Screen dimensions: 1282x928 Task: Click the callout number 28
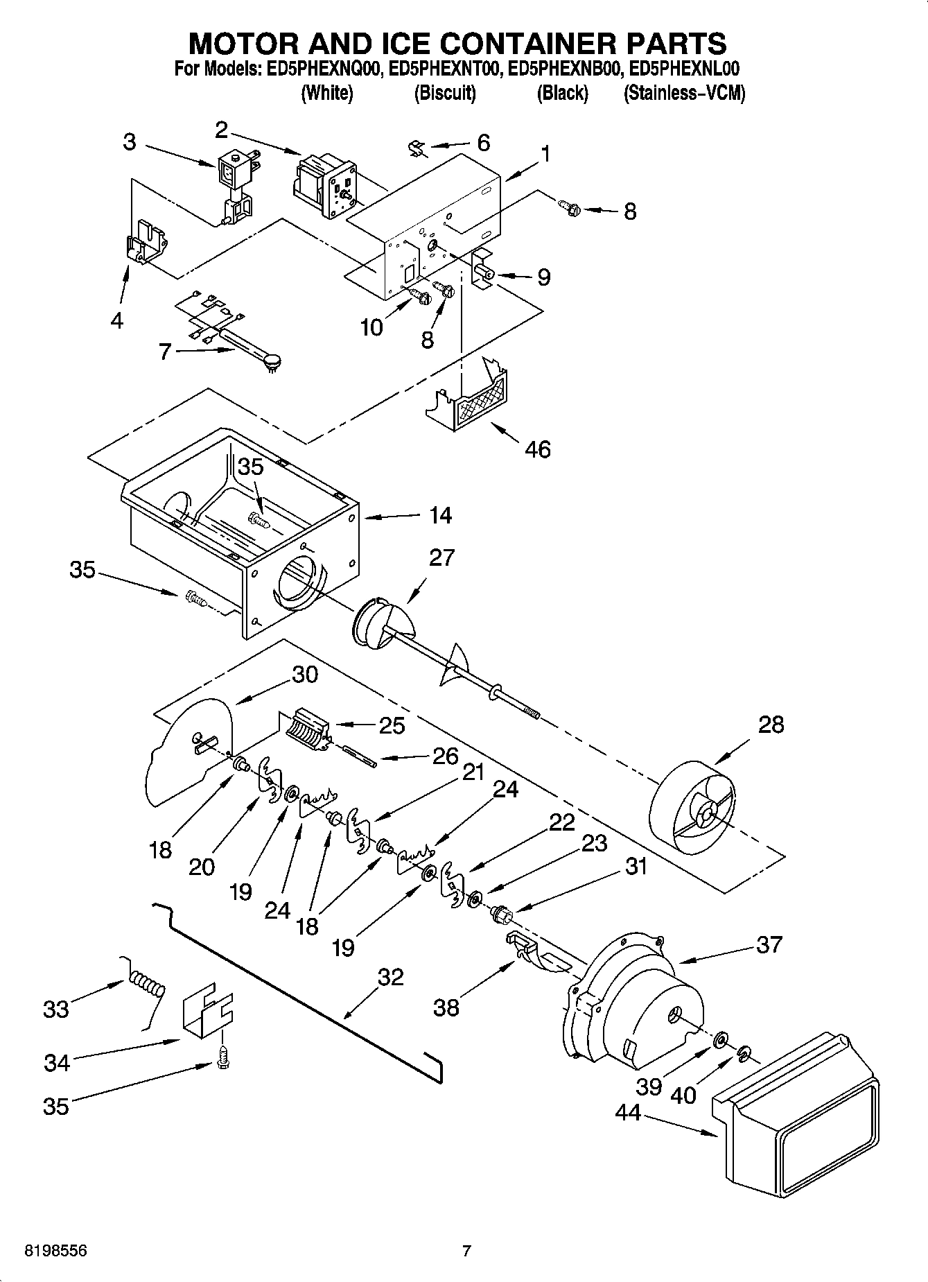coord(771,725)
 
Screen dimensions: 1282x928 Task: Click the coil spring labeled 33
coord(146,985)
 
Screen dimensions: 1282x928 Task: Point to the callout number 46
coord(537,449)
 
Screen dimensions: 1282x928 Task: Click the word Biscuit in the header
coord(445,93)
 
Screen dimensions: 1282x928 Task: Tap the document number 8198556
coord(46,1251)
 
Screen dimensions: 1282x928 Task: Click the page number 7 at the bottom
coord(466,1251)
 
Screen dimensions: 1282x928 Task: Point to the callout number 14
coord(440,515)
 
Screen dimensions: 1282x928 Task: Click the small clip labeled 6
coord(416,148)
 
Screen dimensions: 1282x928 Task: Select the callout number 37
coord(769,944)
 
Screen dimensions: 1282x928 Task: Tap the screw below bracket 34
coord(223,1059)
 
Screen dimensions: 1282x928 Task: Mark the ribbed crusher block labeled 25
coord(304,729)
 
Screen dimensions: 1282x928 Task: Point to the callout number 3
coord(130,142)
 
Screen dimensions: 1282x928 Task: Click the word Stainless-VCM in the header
coord(684,93)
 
